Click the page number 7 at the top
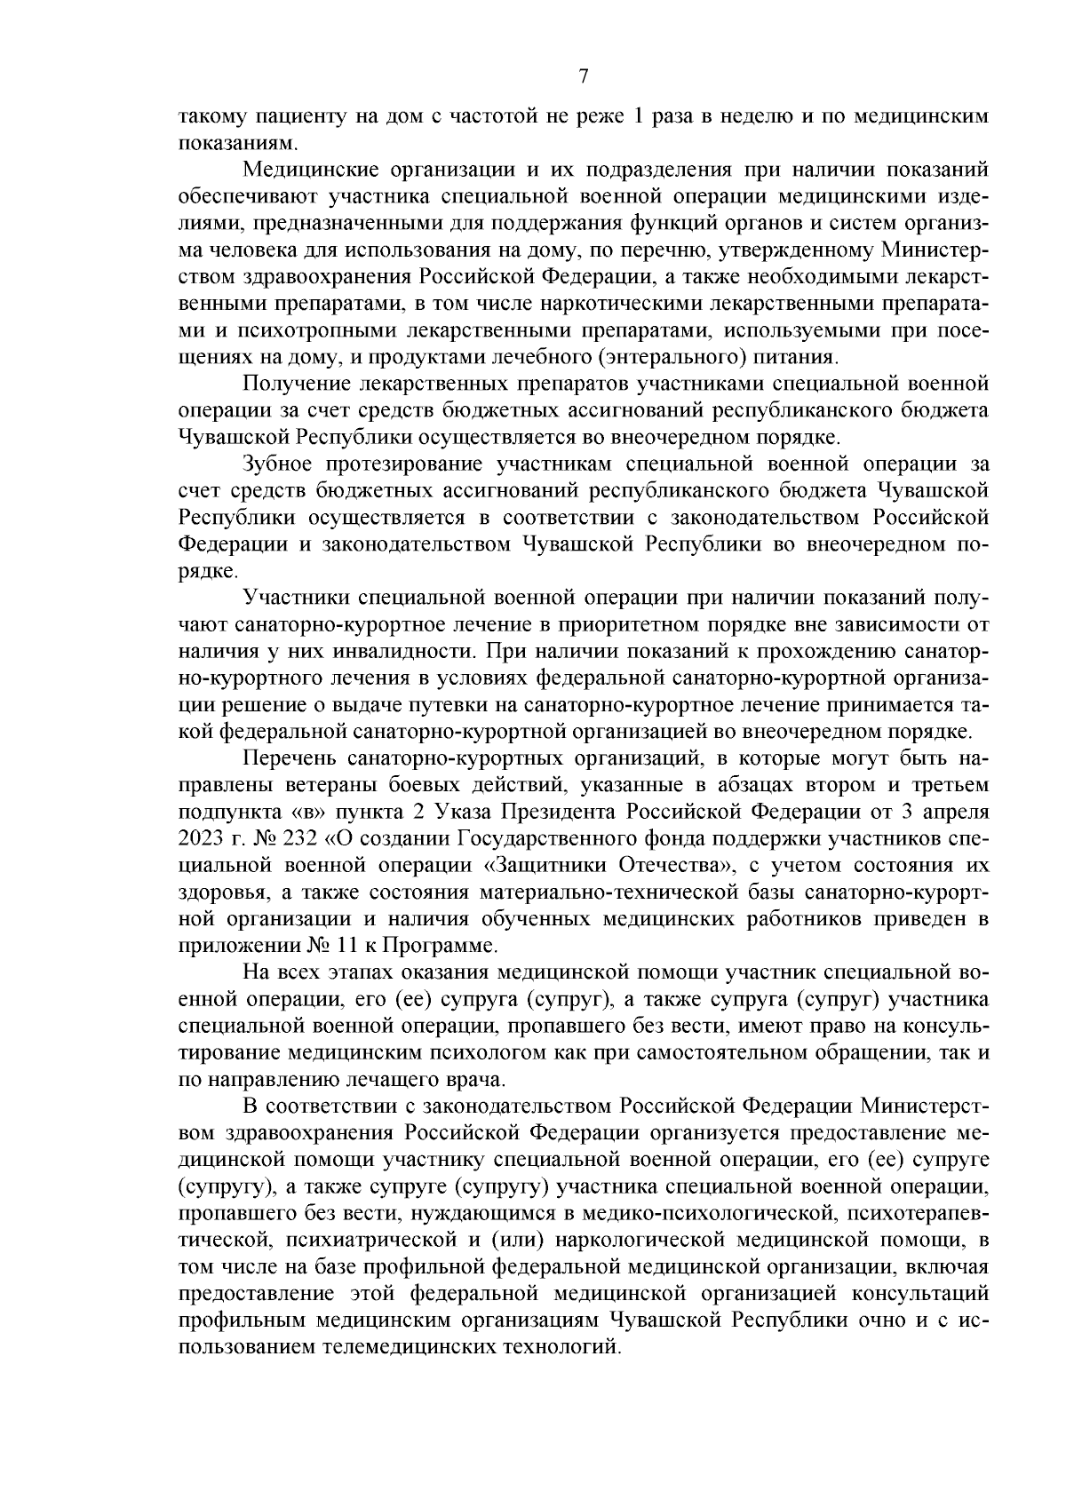tap(583, 77)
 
